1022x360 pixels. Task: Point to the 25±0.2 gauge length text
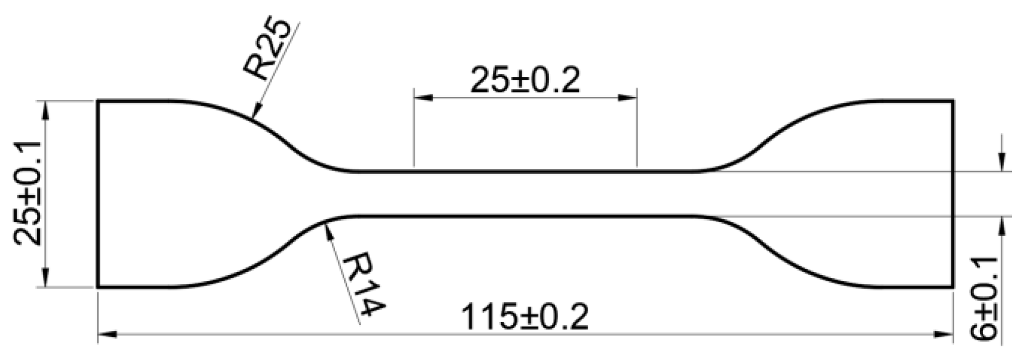[x=525, y=80]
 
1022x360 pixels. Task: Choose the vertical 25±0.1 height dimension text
[x=27, y=194]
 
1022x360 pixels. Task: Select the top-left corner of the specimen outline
[x=98, y=102]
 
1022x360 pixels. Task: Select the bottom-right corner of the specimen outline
[x=953, y=287]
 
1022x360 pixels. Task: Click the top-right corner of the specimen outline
[x=953, y=102]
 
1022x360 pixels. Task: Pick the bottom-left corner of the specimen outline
[x=98, y=287]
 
